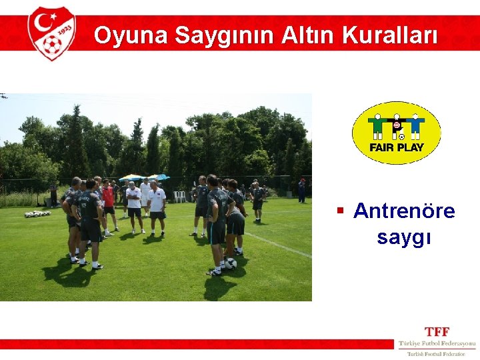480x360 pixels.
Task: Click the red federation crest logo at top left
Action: tap(51, 33)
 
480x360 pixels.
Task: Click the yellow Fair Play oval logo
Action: tap(396, 133)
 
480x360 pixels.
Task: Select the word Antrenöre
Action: tap(404, 211)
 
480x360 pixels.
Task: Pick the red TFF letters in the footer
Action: tap(437, 331)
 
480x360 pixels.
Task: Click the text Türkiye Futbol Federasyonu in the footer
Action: tap(437, 344)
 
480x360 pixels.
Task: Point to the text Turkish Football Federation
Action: tap(437, 354)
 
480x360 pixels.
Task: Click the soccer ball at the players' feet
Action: tap(231, 263)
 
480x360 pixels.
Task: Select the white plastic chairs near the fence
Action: tap(179, 197)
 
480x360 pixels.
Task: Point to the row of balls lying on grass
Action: tap(37, 214)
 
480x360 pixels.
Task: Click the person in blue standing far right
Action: tap(302, 191)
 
